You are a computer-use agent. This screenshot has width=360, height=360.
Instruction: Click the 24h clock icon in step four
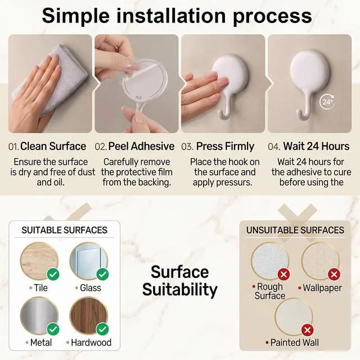(x=327, y=101)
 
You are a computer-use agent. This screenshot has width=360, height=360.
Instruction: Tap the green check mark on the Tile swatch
(x=53, y=274)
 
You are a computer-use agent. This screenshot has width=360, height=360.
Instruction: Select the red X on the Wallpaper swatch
(x=334, y=274)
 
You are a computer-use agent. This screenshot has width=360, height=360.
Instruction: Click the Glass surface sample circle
(x=89, y=261)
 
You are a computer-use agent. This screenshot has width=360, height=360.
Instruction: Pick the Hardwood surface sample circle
(x=89, y=316)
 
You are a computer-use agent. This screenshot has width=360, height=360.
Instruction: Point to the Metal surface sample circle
(x=39, y=316)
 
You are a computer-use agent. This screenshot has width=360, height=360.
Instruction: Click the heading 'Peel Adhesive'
(x=141, y=146)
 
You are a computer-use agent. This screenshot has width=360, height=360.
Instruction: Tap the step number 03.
(x=187, y=147)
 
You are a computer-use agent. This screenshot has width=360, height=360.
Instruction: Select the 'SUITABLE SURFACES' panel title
(x=65, y=230)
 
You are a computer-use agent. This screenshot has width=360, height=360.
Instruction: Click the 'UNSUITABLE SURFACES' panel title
(x=295, y=230)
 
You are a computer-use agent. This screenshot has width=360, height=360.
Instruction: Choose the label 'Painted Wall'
(x=295, y=343)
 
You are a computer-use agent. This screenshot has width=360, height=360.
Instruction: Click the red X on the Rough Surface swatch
(x=283, y=274)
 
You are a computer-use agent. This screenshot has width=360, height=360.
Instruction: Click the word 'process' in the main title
(x=272, y=16)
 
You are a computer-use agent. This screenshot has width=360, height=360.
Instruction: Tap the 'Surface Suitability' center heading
(x=180, y=281)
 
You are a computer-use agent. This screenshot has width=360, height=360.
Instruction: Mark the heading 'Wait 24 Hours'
(x=316, y=146)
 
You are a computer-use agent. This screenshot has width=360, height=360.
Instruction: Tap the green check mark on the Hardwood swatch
(x=102, y=329)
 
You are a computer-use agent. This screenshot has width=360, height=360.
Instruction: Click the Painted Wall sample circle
(x=294, y=317)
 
